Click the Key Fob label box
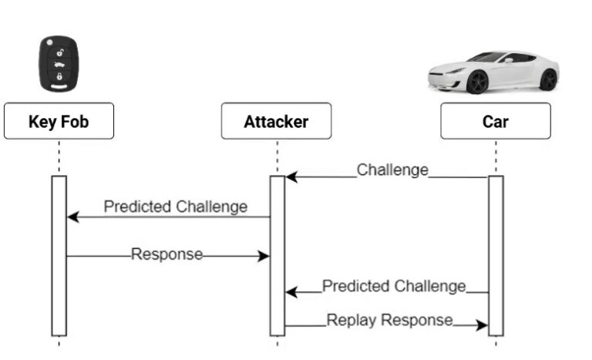[59, 121]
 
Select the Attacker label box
[276, 121]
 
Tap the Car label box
[496, 121]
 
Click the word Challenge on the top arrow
[392, 170]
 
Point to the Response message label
[166, 254]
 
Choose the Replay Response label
[389, 319]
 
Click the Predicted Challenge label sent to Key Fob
[176, 207]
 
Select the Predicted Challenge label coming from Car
[394, 286]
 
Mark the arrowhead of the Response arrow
[264, 256]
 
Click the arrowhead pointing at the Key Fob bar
[72, 217]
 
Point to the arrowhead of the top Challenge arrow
[291, 177]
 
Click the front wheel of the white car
[477, 82]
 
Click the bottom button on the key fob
[59, 76]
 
